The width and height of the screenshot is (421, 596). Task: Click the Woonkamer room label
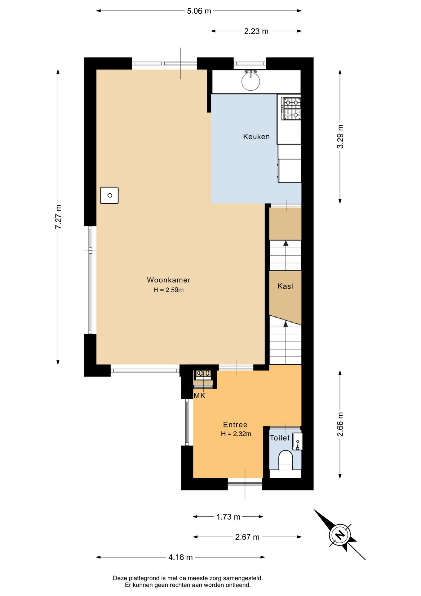169,280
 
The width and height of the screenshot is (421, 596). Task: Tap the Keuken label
256,137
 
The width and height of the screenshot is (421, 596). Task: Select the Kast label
286,286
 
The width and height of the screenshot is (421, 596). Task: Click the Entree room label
235,425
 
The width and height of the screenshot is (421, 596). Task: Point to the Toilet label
280,438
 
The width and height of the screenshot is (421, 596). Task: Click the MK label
199,395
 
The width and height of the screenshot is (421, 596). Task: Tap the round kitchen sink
250,81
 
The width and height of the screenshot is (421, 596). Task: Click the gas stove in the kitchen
291,108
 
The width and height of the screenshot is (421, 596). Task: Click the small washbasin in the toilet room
297,441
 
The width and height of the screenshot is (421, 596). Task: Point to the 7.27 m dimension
58,217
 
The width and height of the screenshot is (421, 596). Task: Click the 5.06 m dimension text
199,11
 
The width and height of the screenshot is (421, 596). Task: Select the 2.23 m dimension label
256,31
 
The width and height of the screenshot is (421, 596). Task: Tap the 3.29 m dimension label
340,137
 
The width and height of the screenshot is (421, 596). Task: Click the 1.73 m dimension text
228,517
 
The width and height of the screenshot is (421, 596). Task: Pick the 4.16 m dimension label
180,557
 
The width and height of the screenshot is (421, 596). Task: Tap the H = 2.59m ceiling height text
169,290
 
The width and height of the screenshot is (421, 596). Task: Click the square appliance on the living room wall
109,195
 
